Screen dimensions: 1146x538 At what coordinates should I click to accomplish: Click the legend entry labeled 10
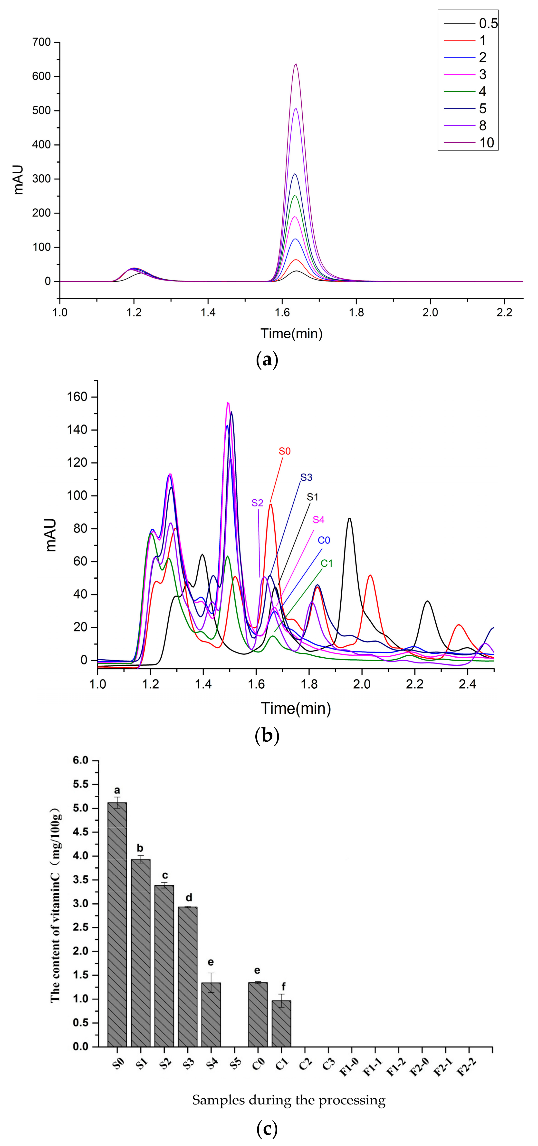click(486, 143)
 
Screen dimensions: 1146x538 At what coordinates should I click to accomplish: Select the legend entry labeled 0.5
click(488, 24)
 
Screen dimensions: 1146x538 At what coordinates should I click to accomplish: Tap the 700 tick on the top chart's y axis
click(41, 42)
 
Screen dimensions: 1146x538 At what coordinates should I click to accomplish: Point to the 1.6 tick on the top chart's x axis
click(282, 312)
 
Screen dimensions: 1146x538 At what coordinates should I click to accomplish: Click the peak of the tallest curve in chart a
click(296, 64)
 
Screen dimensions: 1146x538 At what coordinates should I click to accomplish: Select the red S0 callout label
click(285, 451)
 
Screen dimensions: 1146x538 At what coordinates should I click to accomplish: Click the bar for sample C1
click(281, 1023)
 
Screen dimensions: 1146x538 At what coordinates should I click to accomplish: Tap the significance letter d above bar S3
click(189, 897)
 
